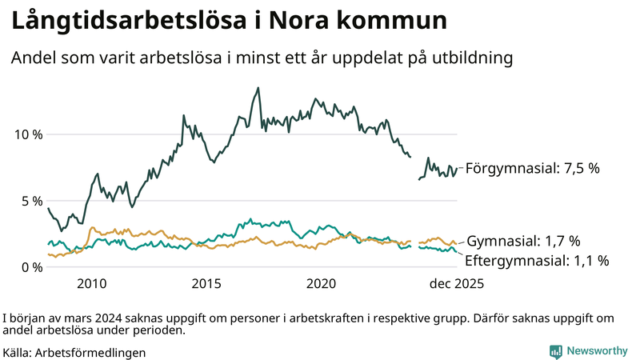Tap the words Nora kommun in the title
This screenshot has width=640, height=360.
[x=368, y=22]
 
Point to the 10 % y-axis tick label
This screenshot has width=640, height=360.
[x=29, y=134]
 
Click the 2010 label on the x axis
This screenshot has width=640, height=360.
[x=92, y=284]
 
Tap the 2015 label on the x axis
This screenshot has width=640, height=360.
[x=206, y=284]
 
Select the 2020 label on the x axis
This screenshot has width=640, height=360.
[x=321, y=284]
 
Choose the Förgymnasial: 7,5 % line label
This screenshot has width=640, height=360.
[x=532, y=169]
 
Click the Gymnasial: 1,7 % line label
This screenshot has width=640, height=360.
[x=523, y=241]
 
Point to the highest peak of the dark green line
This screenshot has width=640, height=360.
[x=258, y=88]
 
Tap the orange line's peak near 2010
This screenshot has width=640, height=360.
[x=92, y=228]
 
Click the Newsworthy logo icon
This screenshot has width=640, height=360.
[x=555, y=351]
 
